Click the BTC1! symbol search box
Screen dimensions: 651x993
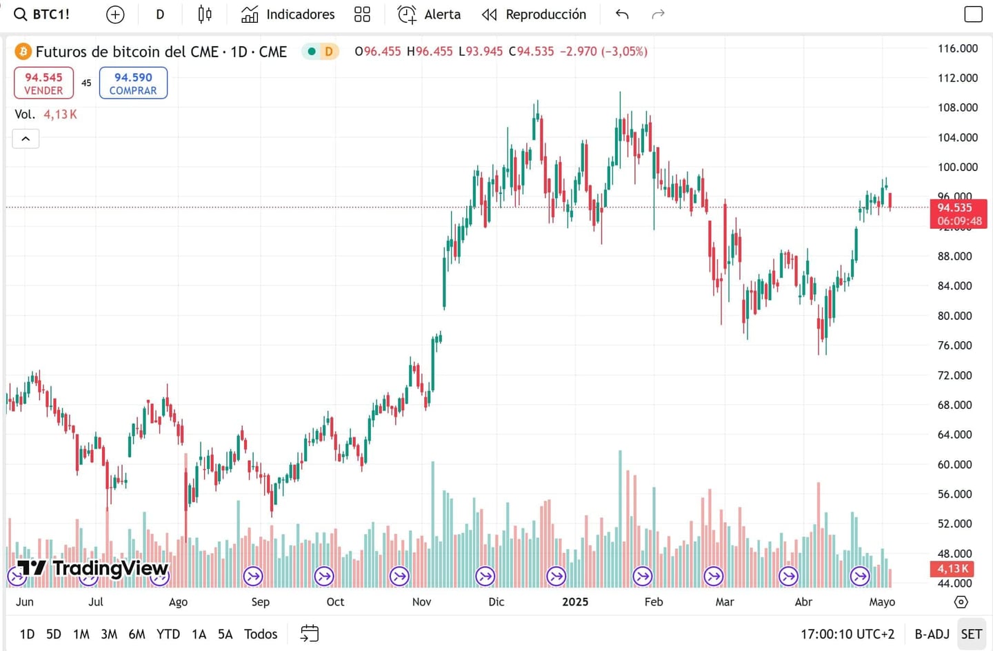point(43,14)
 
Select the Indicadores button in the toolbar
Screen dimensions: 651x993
point(288,14)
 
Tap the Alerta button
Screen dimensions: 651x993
point(430,14)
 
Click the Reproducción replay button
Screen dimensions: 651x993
point(534,14)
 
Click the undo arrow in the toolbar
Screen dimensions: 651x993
point(622,14)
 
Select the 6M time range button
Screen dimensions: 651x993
point(137,634)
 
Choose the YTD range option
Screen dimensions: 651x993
point(168,634)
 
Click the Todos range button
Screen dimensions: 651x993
point(261,634)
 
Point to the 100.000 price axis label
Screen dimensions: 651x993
point(957,167)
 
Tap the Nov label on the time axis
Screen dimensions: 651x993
point(421,602)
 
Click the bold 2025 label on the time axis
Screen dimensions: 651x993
point(575,602)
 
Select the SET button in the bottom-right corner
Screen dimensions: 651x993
point(971,634)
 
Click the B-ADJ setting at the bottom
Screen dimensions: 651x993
point(932,634)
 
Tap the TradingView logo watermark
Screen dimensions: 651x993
point(93,568)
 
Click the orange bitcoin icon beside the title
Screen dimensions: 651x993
point(23,52)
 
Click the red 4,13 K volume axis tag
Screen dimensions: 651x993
point(953,569)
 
